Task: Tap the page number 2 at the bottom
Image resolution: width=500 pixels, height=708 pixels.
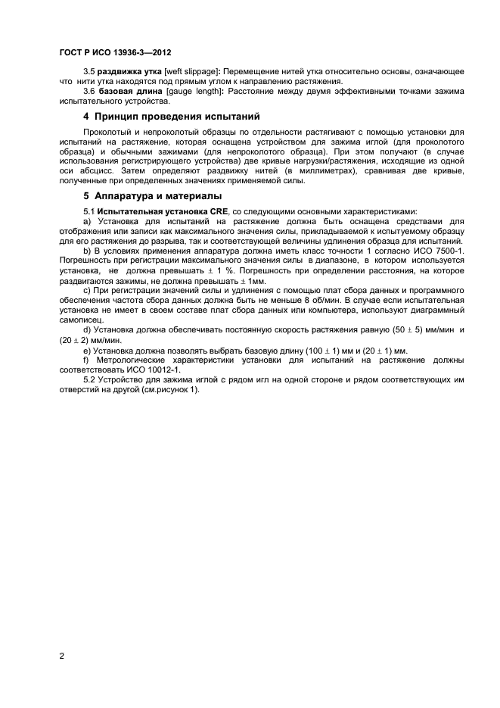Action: coord(62,655)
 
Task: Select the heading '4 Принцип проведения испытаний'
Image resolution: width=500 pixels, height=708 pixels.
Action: coord(171,117)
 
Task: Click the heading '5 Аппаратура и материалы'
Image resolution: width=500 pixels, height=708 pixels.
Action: coord(152,196)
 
